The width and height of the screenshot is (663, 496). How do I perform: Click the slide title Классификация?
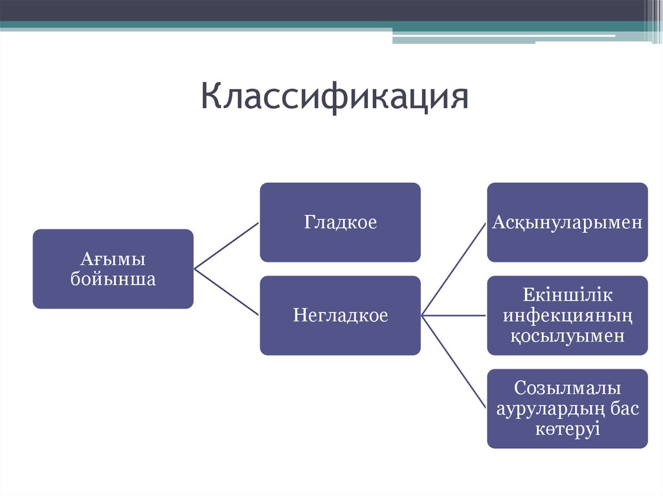(x=334, y=96)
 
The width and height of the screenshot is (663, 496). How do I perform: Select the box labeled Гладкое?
(x=340, y=222)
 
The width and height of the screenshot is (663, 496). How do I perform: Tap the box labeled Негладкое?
(x=340, y=316)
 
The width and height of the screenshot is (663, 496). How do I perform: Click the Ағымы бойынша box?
(x=113, y=269)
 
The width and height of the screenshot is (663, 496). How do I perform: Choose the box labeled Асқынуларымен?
(x=567, y=222)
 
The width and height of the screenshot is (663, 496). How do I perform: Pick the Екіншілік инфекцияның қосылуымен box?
(x=567, y=316)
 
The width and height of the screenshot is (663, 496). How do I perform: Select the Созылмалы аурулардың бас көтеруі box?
(x=567, y=409)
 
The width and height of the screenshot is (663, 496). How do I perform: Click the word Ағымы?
(x=113, y=259)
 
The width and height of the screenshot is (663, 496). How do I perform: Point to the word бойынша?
(x=113, y=279)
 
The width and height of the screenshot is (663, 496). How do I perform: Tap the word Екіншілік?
(x=567, y=296)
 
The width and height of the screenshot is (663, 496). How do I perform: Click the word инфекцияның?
(x=567, y=316)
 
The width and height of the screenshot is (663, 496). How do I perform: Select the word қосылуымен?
(x=567, y=336)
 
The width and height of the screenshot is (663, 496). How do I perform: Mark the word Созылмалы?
(x=567, y=389)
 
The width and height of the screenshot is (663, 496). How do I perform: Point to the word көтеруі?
(x=567, y=429)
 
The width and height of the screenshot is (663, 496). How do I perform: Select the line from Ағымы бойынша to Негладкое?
(x=227, y=292)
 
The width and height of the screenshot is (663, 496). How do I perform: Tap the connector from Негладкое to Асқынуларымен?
(x=453, y=269)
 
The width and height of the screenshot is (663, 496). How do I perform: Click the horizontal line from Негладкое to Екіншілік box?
(x=453, y=316)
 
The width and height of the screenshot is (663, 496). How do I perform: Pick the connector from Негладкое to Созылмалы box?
(x=453, y=362)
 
